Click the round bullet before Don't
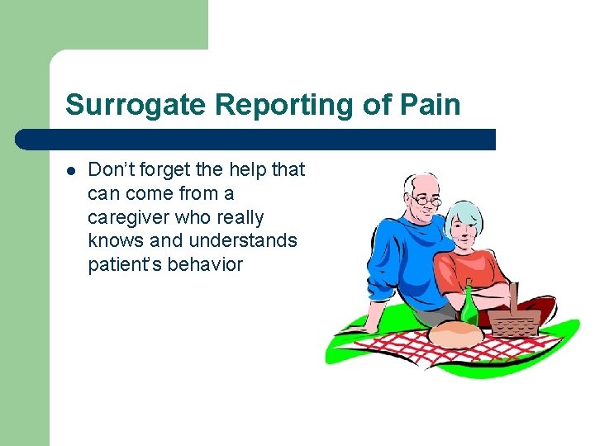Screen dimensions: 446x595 71,171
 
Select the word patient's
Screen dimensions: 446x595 125,265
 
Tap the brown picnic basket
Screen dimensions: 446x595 514,318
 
